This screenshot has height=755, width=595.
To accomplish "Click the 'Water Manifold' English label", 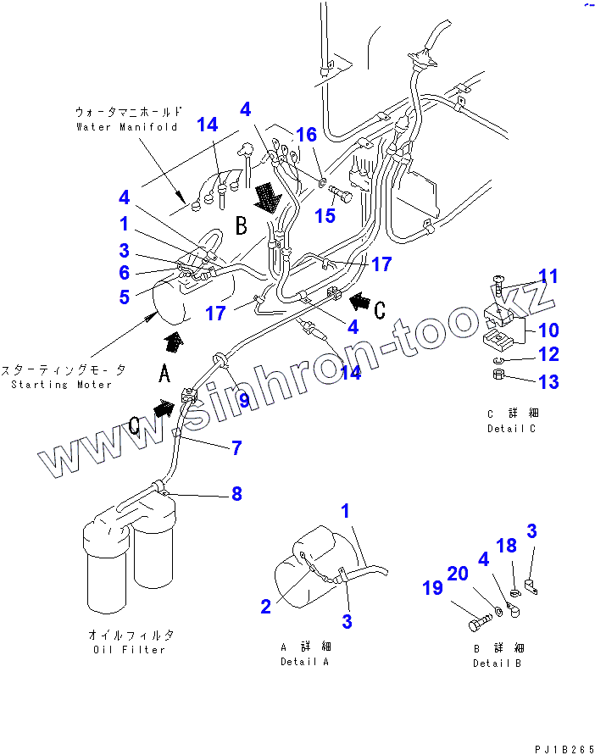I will (x=127, y=127).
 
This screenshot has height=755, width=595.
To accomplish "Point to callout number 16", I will (x=306, y=135).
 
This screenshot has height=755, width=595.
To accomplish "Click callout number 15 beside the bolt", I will (x=325, y=215).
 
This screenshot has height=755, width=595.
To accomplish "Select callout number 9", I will (x=243, y=399).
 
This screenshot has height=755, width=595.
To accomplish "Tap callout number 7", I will (x=236, y=448).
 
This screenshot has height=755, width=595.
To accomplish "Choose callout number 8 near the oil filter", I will (x=236, y=493).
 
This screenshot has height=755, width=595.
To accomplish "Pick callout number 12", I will (x=548, y=354).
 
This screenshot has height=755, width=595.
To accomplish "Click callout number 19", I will (x=432, y=587).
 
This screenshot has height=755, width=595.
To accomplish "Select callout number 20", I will (x=458, y=574).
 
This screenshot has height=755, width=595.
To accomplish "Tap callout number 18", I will (x=507, y=546).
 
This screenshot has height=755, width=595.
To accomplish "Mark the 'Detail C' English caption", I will (x=512, y=428).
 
